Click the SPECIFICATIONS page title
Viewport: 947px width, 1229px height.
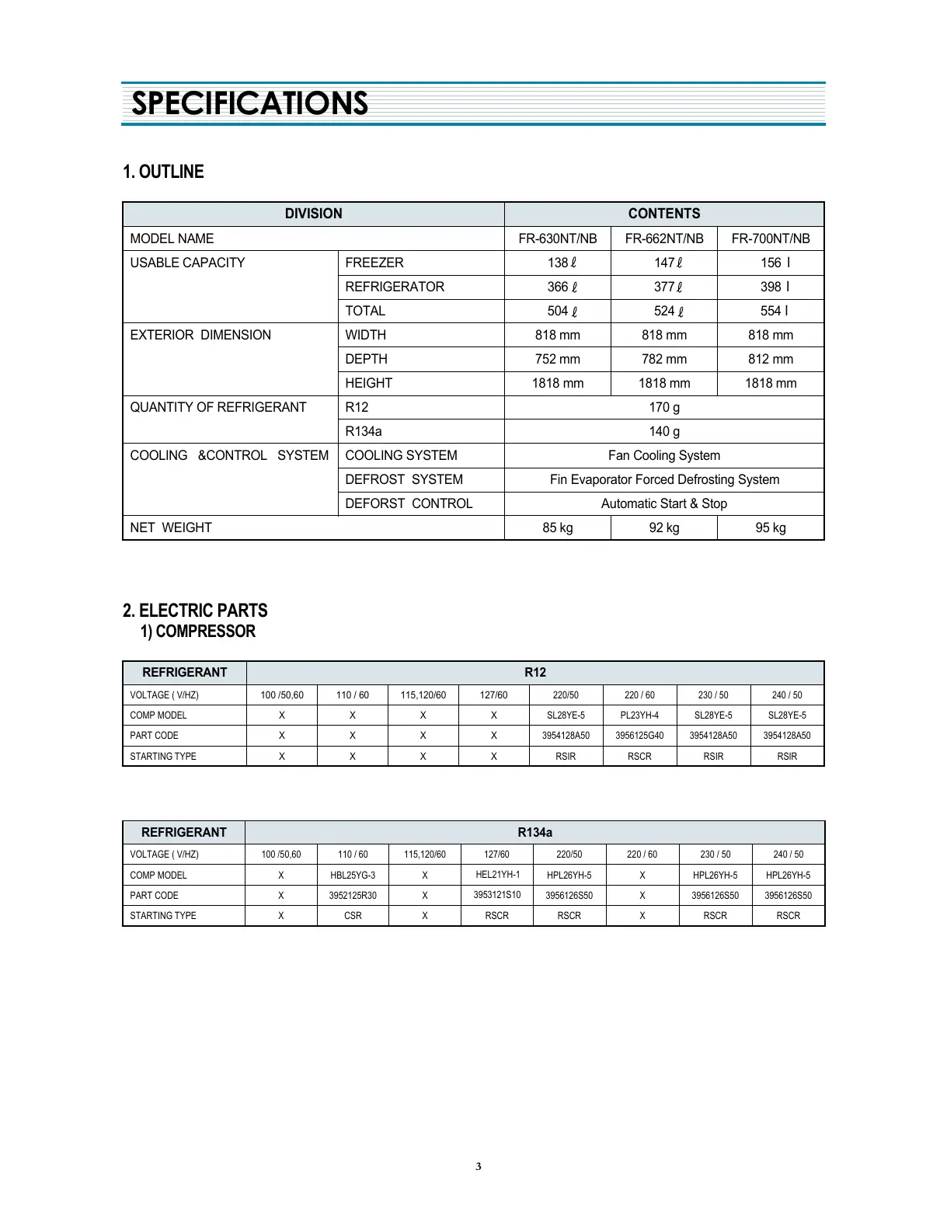point(249,103)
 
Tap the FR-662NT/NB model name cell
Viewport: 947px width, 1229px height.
point(664,238)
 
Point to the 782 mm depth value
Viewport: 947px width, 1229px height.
point(664,359)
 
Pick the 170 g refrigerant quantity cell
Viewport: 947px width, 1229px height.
point(664,407)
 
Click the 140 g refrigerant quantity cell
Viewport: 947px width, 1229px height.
point(664,431)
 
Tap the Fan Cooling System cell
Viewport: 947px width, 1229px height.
point(664,455)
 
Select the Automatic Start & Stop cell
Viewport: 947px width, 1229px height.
point(664,503)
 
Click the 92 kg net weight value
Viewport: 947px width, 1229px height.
point(664,527)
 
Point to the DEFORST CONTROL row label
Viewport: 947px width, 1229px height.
point(409,503)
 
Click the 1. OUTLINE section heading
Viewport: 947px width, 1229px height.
point(163,172)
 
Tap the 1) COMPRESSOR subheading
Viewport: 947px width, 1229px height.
point(198,632)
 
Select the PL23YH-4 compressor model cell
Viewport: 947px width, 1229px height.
point(639,715)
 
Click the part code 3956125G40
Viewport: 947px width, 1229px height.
point(639,735)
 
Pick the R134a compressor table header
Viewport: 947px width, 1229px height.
point(534,832)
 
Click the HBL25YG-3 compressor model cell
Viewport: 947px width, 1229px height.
point(353,875)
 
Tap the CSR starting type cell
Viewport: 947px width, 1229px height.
point(353,915)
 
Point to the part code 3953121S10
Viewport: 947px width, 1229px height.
point(497,895)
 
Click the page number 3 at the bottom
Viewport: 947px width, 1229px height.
point(479,1166)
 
